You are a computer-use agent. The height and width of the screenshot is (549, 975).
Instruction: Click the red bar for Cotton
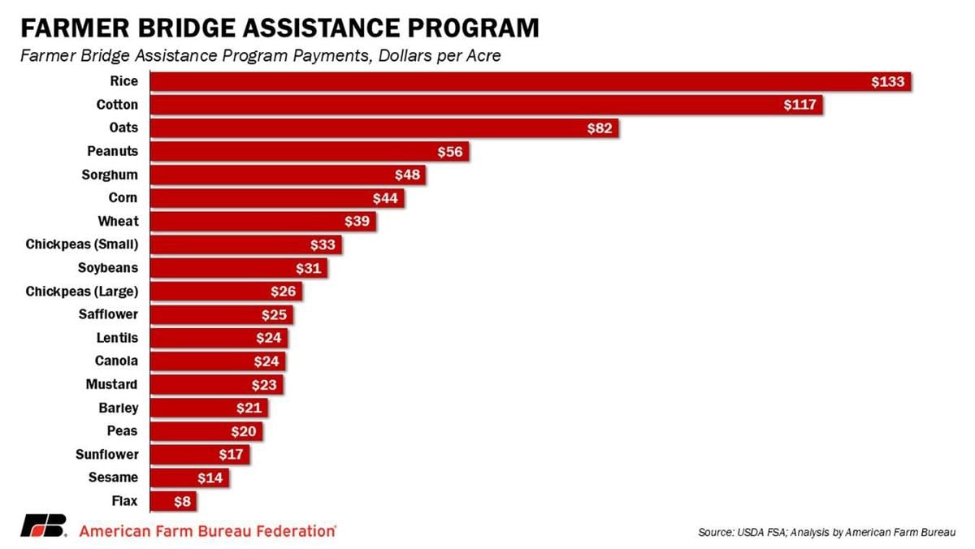point(487,105)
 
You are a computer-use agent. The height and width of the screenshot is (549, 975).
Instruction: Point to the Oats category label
point(123,128)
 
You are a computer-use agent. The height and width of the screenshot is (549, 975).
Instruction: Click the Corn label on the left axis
point(123,198)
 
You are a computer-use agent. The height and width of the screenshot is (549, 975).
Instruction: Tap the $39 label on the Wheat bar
point(357,222)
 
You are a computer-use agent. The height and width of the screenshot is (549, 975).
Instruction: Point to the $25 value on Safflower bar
point(274,315)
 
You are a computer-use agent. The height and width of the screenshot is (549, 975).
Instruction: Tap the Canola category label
point(116,361)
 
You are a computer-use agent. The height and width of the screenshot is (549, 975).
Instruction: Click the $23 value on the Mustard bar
point(264,385)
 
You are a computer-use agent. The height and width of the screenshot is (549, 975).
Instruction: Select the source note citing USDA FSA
point(826,532)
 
